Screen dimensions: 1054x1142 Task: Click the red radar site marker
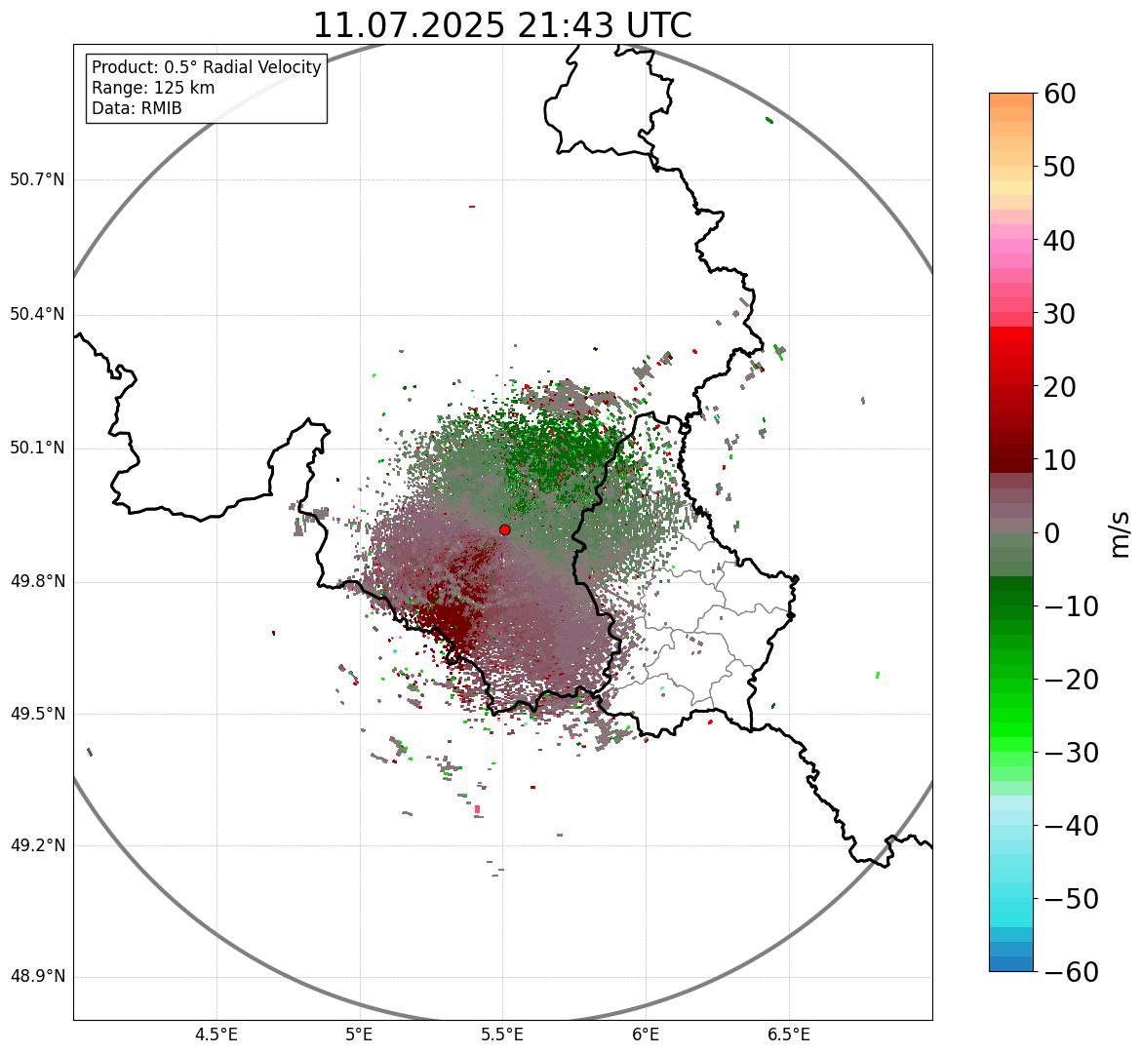click(x=504, y=529)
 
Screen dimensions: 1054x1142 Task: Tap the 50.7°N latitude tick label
click(x=37, y=180)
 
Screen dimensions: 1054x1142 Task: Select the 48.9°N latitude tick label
click(x=37, y=977)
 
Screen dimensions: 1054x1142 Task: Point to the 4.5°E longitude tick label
click(x=217, y=1034)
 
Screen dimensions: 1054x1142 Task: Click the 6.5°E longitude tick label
click(x=788, y=1034)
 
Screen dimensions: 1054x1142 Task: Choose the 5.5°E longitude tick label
click(x=502, y=1034)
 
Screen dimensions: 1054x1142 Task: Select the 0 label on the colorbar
click(x=1052, y=533)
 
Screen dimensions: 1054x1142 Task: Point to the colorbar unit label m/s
click(x=1121, y=533)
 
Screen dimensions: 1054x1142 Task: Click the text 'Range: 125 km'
click(x=153, y=88)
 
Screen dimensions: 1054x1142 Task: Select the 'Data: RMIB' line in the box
click(x=137, y=108)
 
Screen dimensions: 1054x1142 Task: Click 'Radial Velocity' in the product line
click(x=261, y=67)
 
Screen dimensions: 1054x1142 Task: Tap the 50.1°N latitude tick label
click(x=37, y=449)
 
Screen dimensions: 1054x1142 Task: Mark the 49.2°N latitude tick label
click(x=37, y=845)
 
